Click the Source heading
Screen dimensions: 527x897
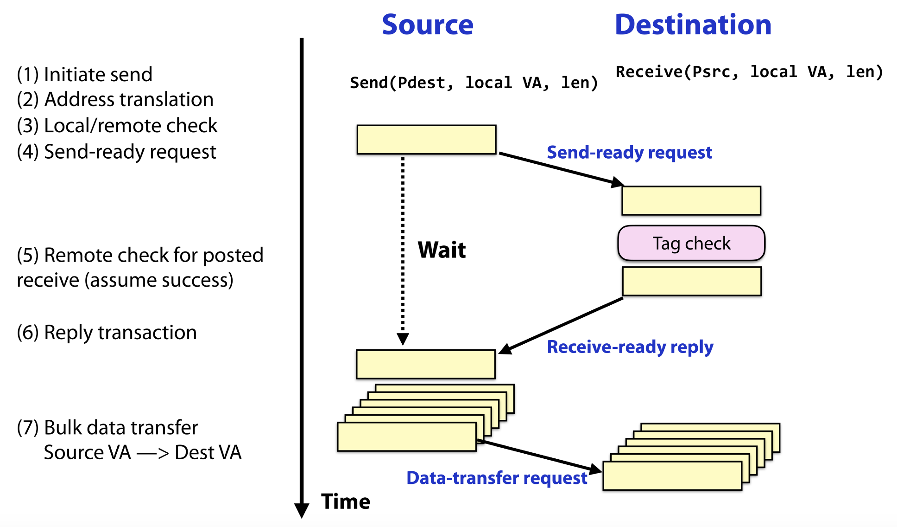point(427,25)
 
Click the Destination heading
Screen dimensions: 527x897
point(693,25)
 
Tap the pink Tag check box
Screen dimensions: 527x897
point(691,244)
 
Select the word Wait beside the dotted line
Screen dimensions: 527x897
point(442,250)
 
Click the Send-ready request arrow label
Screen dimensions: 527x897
point(629,153)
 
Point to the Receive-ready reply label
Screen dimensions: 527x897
point(630,347)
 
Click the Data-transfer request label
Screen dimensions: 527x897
point(496,478)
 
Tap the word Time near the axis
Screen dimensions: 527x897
point(346,502)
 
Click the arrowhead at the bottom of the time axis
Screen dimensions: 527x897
point(302,511)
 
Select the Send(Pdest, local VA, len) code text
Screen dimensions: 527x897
point(474,83)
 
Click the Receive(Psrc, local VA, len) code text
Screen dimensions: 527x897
point(749,72)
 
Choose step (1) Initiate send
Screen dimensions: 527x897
point(85,75)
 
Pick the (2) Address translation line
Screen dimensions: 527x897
point(115,100)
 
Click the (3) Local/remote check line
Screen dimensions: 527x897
point(117,126)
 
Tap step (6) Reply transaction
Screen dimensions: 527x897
point(107,333)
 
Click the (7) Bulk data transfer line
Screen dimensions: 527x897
point(107,428)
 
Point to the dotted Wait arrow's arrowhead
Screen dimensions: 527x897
point(403,339)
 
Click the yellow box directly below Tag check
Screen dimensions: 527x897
point(691,281)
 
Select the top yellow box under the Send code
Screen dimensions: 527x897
point(426,139)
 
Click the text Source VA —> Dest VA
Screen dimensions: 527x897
point(143,453)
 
